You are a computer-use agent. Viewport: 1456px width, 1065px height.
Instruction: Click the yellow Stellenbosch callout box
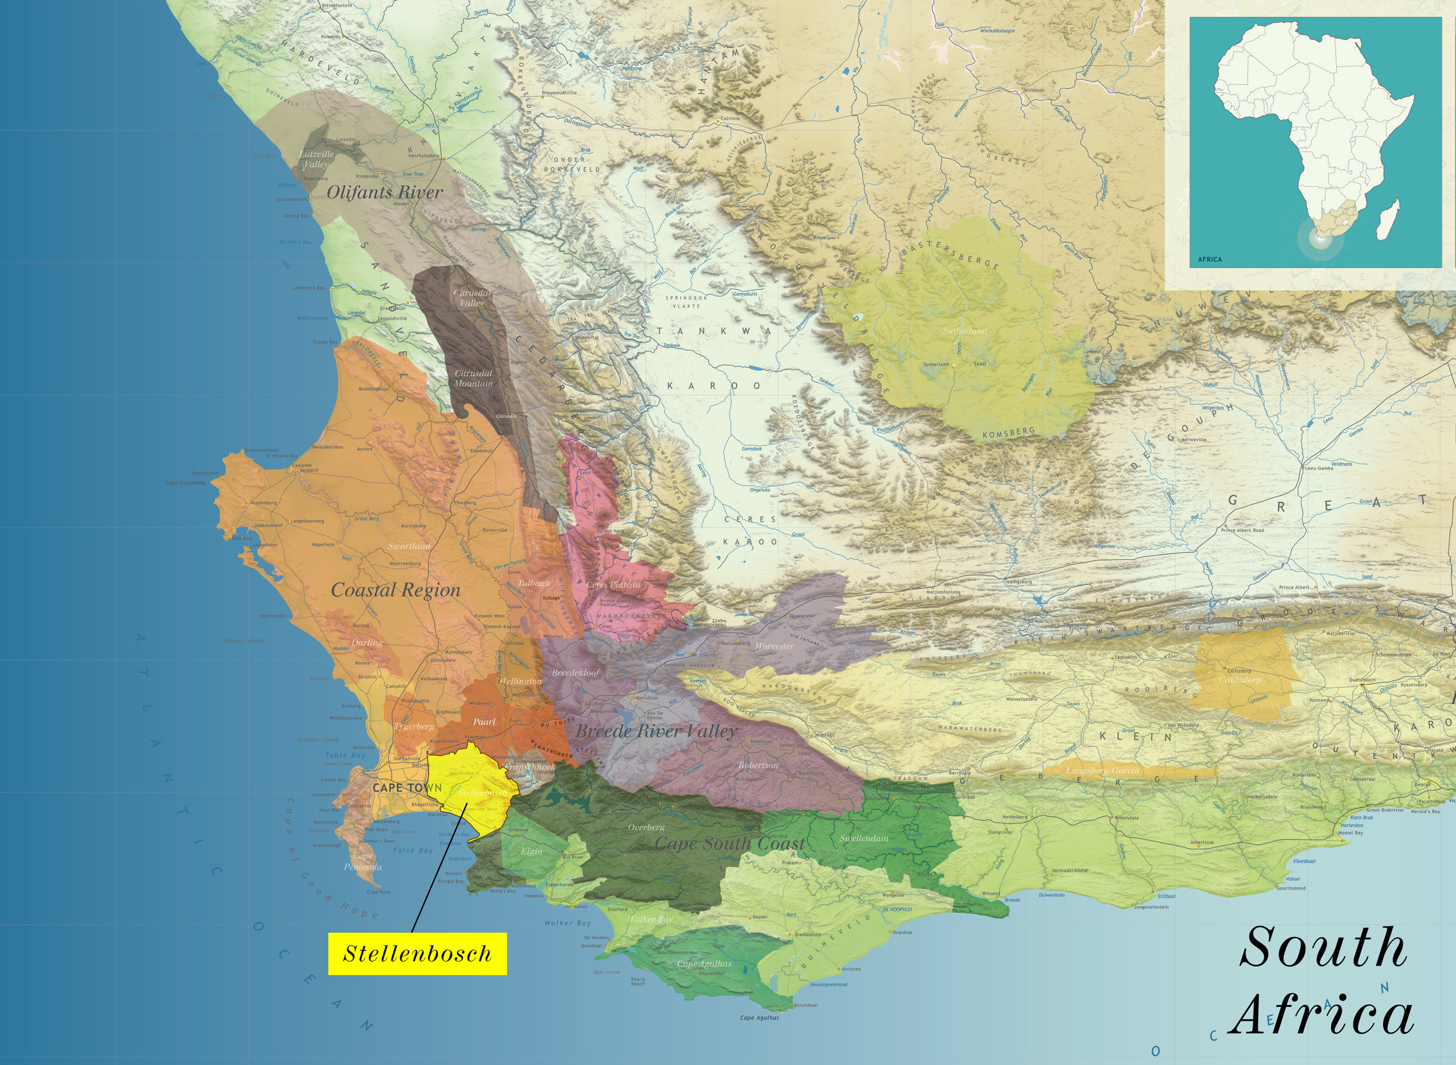[x=417, y=953]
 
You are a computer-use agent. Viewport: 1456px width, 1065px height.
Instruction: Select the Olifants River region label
[x=385, y=192]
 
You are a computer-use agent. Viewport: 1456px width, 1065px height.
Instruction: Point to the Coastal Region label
[x=396, y=590]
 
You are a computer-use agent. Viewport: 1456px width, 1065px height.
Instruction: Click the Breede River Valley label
[x=655, y=731]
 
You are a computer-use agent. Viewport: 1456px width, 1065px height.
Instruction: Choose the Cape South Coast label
[x=730, y=844]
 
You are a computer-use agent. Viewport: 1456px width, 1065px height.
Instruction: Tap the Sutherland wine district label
[x=965, y=331]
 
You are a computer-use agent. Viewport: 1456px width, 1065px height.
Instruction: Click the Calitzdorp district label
[x=1240, y=680]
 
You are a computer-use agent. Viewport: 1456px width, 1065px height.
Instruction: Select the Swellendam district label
[x=864, y=839]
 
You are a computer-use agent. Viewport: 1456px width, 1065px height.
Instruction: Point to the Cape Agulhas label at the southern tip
[x=760, y=1018]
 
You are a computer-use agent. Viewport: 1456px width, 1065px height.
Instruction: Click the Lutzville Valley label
[x=316, y=159]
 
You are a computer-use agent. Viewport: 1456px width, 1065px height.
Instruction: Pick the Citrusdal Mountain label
[x=473, y=379]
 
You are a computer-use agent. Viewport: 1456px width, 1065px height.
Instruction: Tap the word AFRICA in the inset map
[x=1209, y=259]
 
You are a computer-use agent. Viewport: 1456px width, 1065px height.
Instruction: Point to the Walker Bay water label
[x=567, y=923]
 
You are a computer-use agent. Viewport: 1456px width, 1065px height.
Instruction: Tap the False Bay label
[x=413, y=850]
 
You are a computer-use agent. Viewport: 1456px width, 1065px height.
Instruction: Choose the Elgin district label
[x=531, y=851]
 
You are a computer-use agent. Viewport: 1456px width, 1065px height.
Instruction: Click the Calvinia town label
[x=730, y=118]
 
